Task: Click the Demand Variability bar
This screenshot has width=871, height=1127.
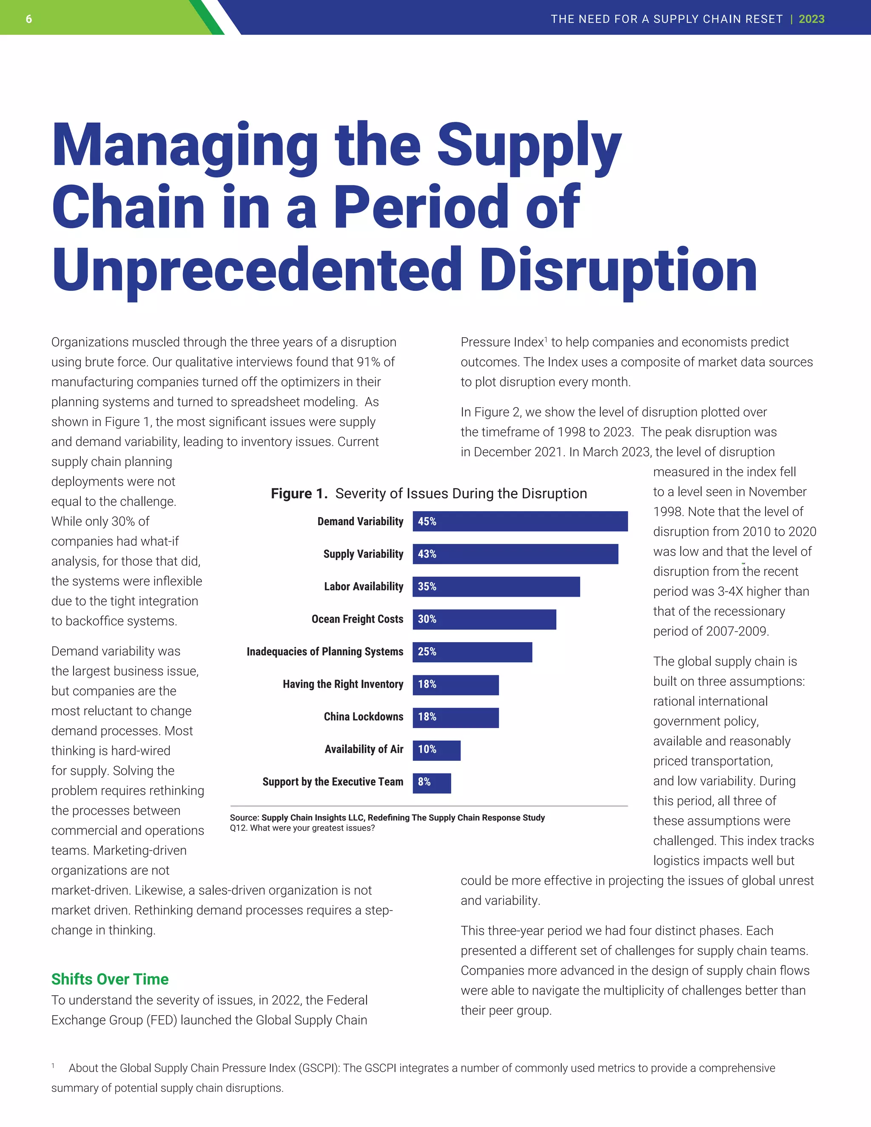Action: pos(520,521)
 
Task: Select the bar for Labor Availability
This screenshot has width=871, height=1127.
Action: pos(496,587)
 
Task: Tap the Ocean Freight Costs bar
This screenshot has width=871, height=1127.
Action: pos(484,619)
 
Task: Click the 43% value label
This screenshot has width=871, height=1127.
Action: pos(427,554)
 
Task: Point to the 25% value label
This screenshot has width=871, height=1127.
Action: pos(427,652)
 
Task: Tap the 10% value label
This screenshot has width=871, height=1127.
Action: pos(427,750)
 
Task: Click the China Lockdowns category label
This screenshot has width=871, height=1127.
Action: pos(363,717)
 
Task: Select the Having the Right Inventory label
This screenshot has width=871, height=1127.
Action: pos(343,684)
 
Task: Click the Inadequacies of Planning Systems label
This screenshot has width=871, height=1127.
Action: pos(324,652)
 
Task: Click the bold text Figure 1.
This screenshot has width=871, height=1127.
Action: pos(299,494)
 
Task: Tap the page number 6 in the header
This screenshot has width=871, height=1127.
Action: pos(29,19)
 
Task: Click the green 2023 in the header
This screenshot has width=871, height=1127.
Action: pos(811,19)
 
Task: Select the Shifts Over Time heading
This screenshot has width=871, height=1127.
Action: pos(110,979)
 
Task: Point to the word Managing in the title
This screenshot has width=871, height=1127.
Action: pos(185,147)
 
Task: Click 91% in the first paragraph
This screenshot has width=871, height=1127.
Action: pos(368,362)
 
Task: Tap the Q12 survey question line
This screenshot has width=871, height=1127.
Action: pos(302,828)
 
